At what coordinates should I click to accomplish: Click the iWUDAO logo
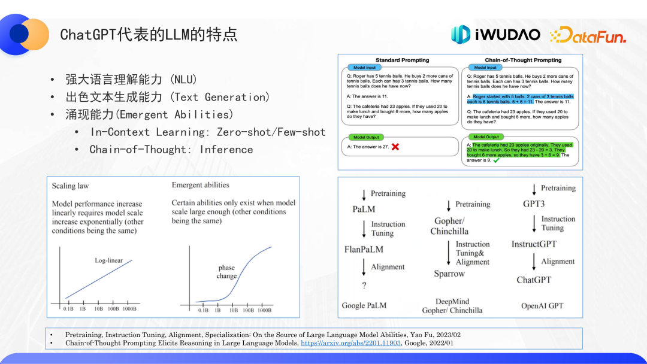tap(495, 35)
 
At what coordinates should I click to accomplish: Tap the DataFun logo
tap(588, 36)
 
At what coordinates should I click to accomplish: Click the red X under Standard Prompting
tap(395, 147)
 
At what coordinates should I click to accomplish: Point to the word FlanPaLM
tap(364, 249)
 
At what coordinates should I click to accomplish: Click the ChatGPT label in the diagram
tap(534, 280)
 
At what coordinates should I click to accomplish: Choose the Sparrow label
tap(449, 274)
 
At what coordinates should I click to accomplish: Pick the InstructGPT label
tap(534, 244)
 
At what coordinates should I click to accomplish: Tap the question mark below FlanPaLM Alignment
tap(364, 286)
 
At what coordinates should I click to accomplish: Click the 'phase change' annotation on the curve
tap(226, 272)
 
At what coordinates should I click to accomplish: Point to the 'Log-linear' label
tap(108, 260)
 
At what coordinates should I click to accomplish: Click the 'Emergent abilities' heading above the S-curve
tap(200, 185)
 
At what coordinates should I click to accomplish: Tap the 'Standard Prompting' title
tap(403, 60)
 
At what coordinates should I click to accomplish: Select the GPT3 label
tap(534, 204)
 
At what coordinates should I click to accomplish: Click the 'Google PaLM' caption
tap(364, 305)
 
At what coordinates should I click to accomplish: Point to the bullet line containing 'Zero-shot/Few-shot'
tap(208, 132)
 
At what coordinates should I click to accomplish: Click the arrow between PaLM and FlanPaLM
tap(364, 229)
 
